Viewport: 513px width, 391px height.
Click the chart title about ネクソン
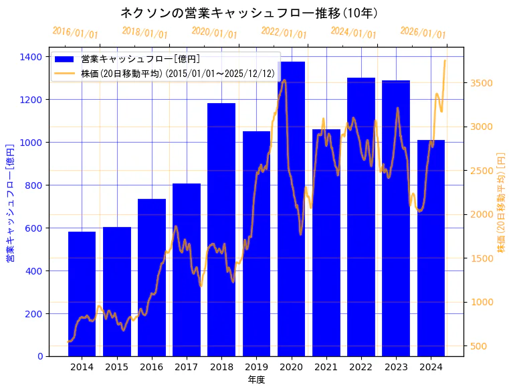249,13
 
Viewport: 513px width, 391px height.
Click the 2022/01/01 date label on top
284,33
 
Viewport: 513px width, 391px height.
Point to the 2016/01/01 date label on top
75,33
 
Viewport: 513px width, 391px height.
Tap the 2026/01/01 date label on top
423,33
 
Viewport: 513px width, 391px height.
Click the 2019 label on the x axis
256,367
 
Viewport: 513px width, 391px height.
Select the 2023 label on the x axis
396,367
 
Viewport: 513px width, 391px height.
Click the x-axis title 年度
256,380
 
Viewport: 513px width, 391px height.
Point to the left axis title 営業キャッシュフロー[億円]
10,203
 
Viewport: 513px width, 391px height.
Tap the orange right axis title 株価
501,203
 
